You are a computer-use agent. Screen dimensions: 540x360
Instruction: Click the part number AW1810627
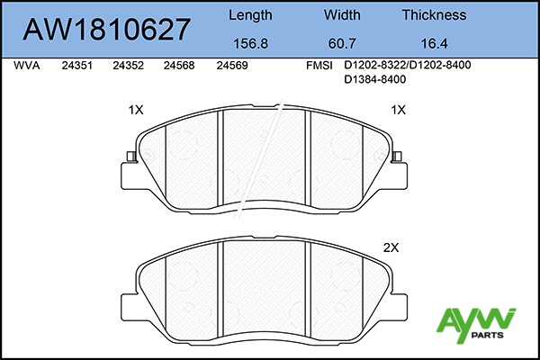(x=106, y=30)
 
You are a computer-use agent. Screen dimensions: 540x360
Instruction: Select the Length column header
(x=250, y=15)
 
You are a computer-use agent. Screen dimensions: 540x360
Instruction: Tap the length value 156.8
(x=250, y=44)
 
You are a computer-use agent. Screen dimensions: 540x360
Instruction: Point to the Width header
(x=342, y=14)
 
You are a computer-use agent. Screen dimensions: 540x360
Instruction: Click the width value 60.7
(x=342, y=44)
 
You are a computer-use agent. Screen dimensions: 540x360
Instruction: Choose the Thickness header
(x=434, y=14)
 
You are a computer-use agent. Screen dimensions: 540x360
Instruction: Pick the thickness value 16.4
(x=434, y=44)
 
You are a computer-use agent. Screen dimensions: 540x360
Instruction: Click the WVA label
(x=27, y=66)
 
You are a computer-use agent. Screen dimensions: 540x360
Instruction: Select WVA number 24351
(x=77, y=66)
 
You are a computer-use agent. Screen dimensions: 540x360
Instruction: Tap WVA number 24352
(x=128, y=66)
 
